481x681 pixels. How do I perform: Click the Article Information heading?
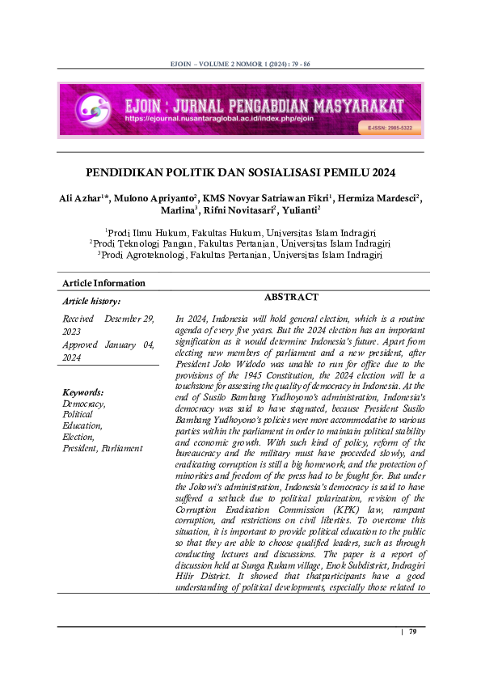[103, 283]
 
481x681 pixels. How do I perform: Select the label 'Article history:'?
[92, 301]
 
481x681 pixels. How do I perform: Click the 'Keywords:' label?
[82, 391]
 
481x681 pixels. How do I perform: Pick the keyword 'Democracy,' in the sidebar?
[84, 403]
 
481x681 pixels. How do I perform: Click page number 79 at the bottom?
[412, 632]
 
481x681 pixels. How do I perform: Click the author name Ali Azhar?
[82, 198]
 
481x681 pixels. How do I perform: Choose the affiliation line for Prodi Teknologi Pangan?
[240, 243]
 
